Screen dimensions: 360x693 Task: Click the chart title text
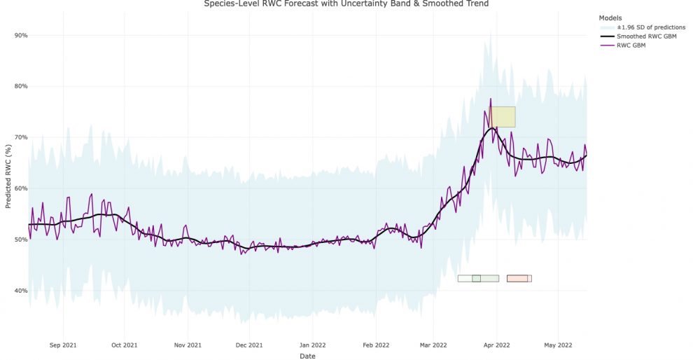[x=346, y=4]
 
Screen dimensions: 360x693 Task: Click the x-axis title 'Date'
[x=307, y=356]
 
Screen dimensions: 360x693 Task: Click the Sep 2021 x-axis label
[x=63, y=345]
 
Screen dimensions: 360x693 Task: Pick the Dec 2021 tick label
[x=249, y=345]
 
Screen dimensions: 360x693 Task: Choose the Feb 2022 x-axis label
[x=375, y=345]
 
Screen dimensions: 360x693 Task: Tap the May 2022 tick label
[x=558, y=345]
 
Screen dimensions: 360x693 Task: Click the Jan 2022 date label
[x=312, y=345]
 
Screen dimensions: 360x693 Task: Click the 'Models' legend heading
[x=610, y=18]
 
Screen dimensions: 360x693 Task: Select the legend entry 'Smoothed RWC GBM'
[x=646, y=36]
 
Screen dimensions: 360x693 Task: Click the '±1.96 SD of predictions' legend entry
[x=650, y=27]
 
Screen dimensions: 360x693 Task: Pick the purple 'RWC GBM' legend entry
[x=631, y=46]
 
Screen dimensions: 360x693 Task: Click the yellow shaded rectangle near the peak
[x=503, y=116]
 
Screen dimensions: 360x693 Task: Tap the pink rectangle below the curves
[x=517, y=278]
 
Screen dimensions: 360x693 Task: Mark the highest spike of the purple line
[x=491, y=99]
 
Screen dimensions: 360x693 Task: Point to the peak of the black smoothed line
[x=493, y=128]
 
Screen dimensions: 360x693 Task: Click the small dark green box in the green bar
[x=476, y=278]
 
